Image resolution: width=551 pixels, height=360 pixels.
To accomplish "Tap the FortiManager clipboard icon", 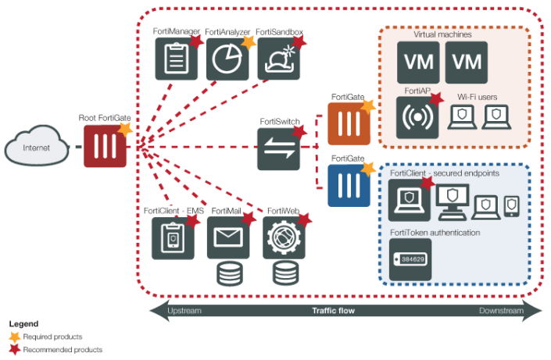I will coord(176,59).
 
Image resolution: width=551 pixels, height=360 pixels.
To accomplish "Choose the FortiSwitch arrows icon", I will coord(279,148).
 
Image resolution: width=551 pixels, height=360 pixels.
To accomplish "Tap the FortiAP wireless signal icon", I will coord(417,118).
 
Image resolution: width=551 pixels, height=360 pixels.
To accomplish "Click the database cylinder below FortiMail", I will coord(228,273).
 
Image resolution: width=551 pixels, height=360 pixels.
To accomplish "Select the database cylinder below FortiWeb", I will coord(284,273).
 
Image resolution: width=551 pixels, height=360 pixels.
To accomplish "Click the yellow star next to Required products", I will coord(15,336).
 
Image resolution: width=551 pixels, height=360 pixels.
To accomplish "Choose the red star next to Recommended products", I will coord(15,349).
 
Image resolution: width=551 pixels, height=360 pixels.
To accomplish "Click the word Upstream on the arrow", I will coord(184,311).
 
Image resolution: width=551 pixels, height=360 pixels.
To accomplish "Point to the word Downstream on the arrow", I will coord(502,311).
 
